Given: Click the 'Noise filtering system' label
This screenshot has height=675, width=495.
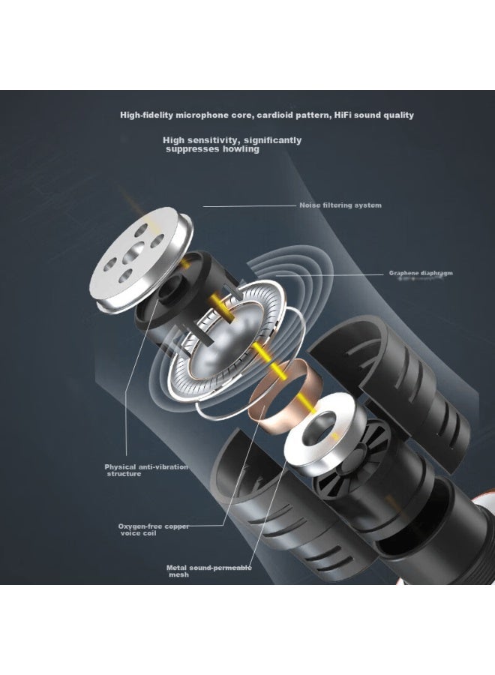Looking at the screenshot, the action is pyautogui.click(x=340, y=205).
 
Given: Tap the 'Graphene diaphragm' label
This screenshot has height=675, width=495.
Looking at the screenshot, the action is pyautogui.click(x=421, y=273).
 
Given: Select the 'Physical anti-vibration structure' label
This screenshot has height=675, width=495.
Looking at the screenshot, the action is pyautogui.click(x=146, y=470).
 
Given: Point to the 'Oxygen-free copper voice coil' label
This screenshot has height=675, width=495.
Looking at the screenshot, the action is pyautogui.click(x=153, y=529).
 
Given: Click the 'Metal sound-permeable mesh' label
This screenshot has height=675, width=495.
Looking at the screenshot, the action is pyautogui.click(x=208, y=571).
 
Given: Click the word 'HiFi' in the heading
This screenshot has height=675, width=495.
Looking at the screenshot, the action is pyautogui.click(x=343, y=115).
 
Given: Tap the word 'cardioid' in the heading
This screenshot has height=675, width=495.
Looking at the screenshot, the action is pyautogui.click(x=275, y=115).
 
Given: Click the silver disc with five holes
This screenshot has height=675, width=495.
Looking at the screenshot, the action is pyautogui.click(x=141, y=258).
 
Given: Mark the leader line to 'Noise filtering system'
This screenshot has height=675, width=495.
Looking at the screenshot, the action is pyautogui.click(x=250, y=206).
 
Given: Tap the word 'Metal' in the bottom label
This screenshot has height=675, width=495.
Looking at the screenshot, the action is pyautogui.click(x=176, y=568).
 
